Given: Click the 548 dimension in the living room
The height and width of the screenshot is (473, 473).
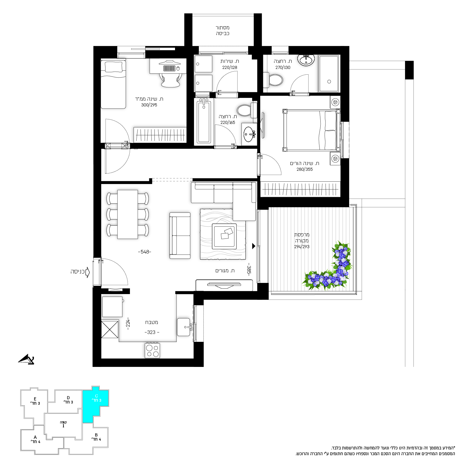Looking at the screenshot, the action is [144, 252].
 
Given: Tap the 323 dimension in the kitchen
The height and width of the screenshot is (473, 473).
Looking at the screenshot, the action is [152, 332].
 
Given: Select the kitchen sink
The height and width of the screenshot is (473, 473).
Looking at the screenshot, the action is [184, 327].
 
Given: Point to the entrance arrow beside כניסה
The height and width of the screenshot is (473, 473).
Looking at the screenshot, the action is [88, 272].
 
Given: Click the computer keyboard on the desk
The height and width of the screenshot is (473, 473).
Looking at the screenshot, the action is [169, 68].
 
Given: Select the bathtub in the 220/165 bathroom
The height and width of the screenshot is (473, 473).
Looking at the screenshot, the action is [204, 122].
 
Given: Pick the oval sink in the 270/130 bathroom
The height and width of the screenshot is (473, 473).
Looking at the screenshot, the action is [306, 60].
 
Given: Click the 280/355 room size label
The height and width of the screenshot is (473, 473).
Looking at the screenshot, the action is [305, 169].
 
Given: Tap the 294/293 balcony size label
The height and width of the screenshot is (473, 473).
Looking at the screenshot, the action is [302, 247].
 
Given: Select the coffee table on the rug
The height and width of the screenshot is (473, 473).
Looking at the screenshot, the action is [224, 236].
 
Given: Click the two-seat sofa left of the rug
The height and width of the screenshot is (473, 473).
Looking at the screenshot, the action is [180, 236].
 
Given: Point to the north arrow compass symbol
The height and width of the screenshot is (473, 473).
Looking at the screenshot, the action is [26, 359].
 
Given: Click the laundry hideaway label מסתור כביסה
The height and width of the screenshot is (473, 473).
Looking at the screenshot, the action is [223, 31].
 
